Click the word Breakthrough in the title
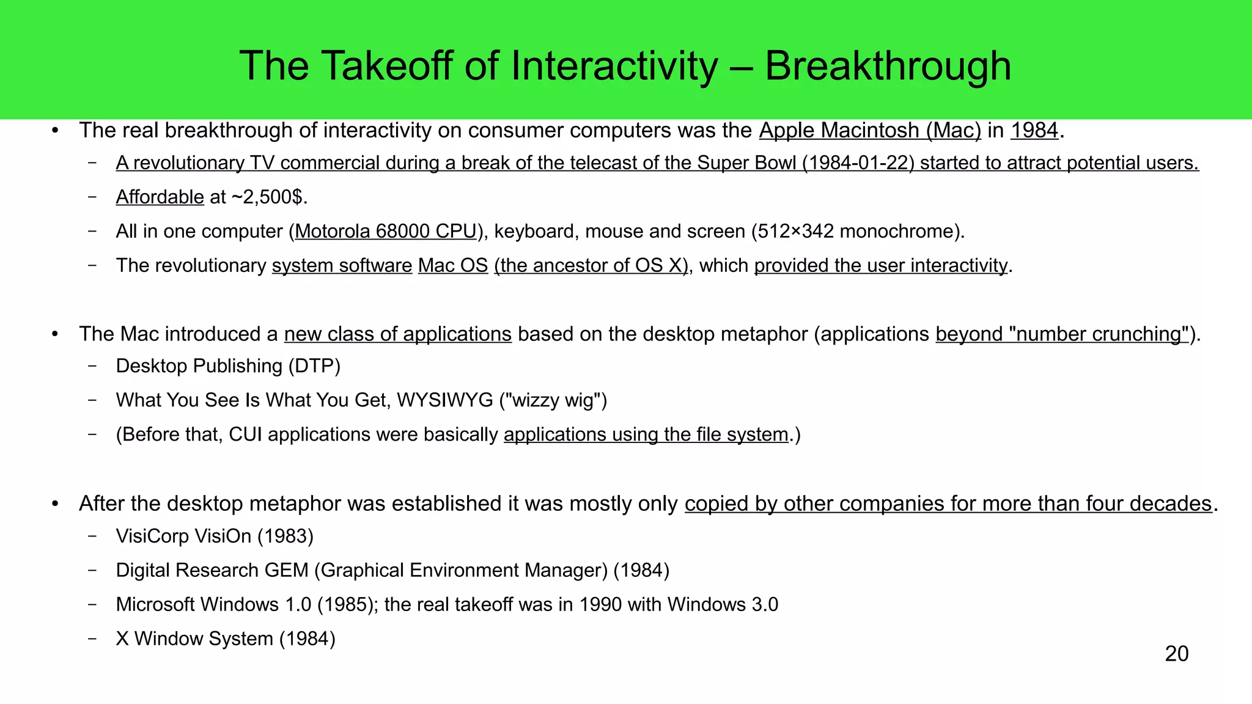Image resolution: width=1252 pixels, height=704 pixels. pos(888,66)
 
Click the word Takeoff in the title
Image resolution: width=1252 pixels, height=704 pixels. pos(388,66)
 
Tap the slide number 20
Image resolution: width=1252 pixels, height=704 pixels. pos(1176,654)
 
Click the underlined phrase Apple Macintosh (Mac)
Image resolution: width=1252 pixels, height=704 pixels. pos(869,131)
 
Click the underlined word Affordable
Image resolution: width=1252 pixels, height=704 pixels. pos(160,197)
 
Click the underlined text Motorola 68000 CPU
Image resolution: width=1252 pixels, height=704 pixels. pos(385,232)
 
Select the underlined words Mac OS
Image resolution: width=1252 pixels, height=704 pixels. pos(452,266)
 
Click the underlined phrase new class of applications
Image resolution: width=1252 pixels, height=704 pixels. pos(397,334)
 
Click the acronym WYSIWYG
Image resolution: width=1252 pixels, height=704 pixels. pos(444,400)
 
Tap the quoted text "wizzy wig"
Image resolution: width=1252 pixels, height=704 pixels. pos(553,400)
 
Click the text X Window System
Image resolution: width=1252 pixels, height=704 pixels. pos(194,639)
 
